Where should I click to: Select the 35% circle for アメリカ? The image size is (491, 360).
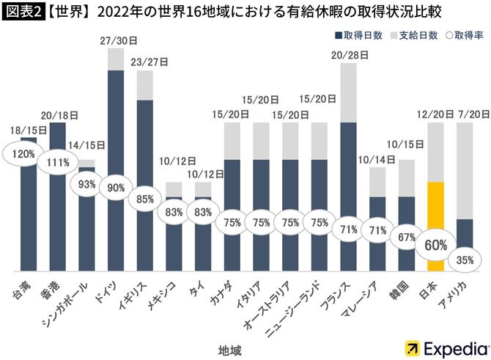465,258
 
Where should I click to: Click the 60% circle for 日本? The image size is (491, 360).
435,246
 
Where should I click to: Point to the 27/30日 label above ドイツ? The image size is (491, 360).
115,41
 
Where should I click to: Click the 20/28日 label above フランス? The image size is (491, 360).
348,56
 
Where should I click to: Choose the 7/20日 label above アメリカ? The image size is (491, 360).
465,115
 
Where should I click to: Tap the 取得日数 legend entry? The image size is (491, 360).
359,34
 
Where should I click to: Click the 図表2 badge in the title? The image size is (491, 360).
23,12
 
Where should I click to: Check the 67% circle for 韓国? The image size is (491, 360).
406,236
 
